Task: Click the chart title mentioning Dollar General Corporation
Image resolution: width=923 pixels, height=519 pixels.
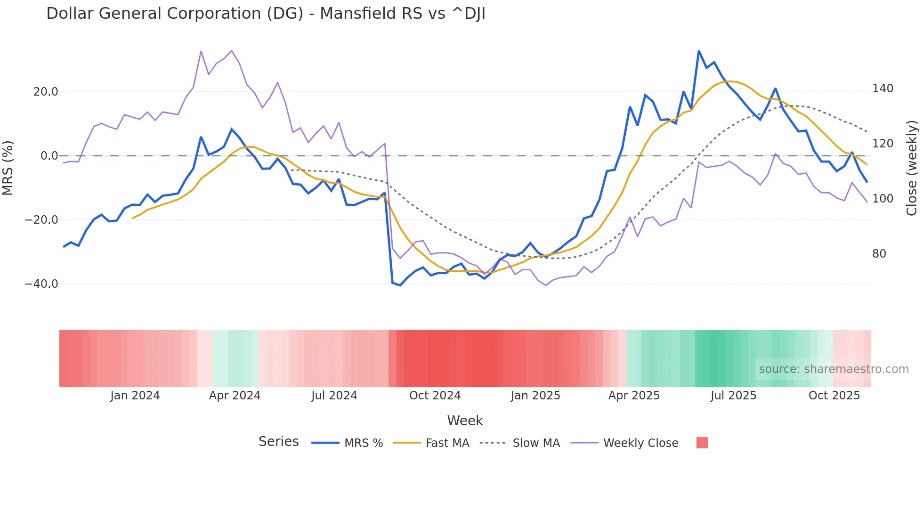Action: click(x=266, y=14)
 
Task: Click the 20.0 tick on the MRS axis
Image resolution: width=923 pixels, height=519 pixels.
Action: click(x=46, y=92)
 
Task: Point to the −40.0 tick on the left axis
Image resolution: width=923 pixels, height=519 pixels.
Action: click(x=41, y=284)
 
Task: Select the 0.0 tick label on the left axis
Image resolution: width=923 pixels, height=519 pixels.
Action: click(x=49, y=156)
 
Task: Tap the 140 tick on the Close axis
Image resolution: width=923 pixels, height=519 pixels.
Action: click(x=883, y=89)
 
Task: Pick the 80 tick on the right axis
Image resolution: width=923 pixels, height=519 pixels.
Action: click(x=879, y=254)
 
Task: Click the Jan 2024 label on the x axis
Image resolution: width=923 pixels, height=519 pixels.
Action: click(x=135, y=396)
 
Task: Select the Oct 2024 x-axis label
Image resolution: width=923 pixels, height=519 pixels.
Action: click(x=435, y=396)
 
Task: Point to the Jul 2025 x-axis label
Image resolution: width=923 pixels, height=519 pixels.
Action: click(x=733, y=396)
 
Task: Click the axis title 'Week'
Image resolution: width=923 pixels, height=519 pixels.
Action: click(x=465, y=421)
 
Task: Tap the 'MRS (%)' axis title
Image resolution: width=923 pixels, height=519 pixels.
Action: click(x=8, y=168)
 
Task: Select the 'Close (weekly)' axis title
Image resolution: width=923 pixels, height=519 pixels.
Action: click(x=912, y=168)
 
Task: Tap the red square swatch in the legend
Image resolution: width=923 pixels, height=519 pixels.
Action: click(x=702, y=443)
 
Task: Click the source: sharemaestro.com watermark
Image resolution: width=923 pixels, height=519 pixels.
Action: click(x=834, y=369)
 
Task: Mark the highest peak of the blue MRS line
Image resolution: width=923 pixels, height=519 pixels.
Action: click(x=699, y=51)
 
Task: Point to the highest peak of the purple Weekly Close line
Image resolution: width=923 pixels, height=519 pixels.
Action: click(x=231, y=50)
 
